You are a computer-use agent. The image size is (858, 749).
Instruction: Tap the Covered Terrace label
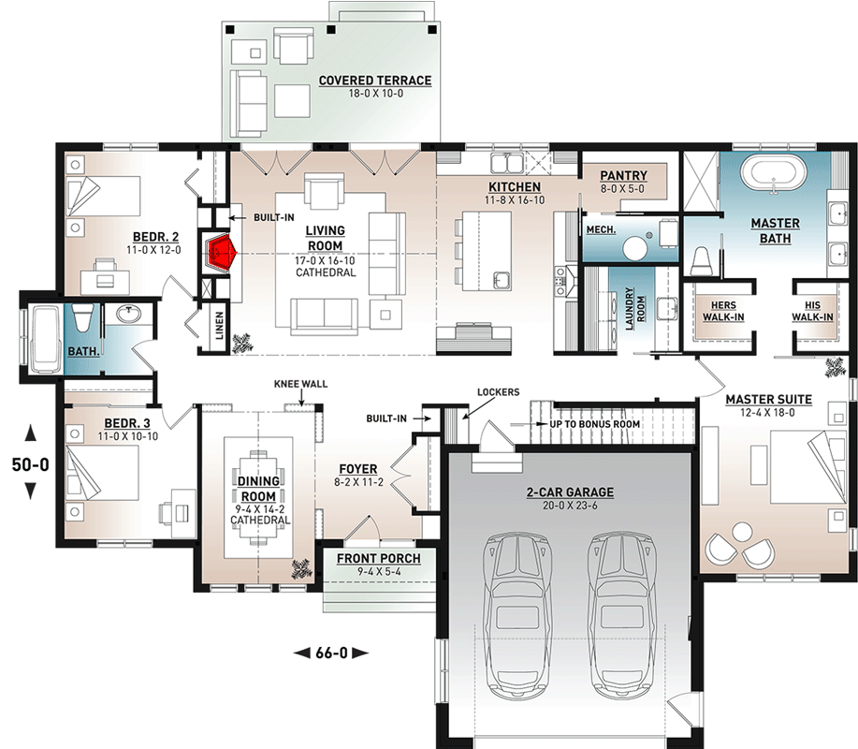point(375,81)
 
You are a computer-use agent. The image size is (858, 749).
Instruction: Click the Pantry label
point(623,176)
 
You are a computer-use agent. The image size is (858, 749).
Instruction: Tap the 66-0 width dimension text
point(331,653)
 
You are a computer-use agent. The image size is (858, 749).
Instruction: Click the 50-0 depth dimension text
point(31,464)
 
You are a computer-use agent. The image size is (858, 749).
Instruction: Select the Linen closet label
point(220,325)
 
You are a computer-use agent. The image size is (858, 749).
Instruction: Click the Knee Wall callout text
point(300,384)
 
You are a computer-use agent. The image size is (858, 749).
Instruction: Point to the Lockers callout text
point(498,392)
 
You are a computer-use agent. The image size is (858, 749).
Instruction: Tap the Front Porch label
point(379,558)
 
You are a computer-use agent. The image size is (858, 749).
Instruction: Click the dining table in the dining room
point(258,498)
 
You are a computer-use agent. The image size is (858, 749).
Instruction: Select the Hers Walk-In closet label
point(723,311)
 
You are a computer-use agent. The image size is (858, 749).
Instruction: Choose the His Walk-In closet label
point(812,311)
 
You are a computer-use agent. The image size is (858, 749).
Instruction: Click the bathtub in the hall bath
point(47,340)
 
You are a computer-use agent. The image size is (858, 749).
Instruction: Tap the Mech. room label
point(601,229)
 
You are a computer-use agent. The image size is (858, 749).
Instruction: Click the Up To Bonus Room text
point(595,424)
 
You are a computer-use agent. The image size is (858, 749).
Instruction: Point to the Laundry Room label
point(634,309)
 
